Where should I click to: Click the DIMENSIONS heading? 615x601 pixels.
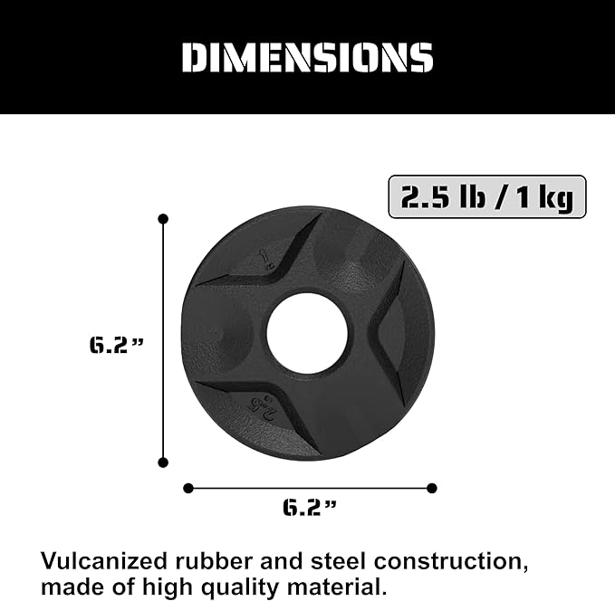(x=307, y=58)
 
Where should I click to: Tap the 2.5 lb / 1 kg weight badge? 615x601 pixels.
(x=487, y=196)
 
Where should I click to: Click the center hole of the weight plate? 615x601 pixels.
(x=307, y=332)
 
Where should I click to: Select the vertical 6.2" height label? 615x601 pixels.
(x=115, y=345)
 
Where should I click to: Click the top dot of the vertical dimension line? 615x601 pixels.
(x=163, y=219)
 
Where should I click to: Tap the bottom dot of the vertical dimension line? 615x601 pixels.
(x=163, y=462)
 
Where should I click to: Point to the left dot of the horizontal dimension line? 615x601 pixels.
(x=188, y=488)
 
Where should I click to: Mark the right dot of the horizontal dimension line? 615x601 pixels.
(x=431, y=488)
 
